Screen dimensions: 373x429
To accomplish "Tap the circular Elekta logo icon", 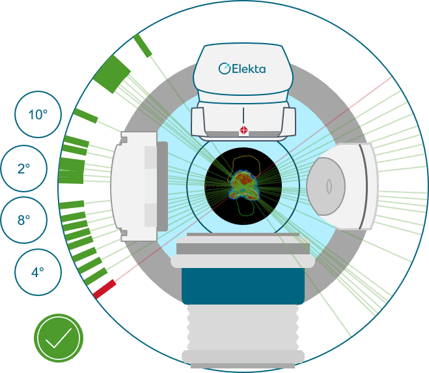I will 225,68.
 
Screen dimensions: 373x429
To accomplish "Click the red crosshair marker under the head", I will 243,130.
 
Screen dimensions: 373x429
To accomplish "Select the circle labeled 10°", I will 38,114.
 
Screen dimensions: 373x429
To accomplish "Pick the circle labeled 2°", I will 24,168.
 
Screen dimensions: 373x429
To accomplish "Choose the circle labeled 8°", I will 23,220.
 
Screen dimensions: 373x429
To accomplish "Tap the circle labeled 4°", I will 38,272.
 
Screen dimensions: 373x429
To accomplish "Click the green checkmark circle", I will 59,338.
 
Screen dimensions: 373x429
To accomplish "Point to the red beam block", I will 105,289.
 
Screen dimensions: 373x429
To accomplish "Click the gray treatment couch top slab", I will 243,248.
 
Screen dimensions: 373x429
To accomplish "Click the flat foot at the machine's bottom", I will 243,357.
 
